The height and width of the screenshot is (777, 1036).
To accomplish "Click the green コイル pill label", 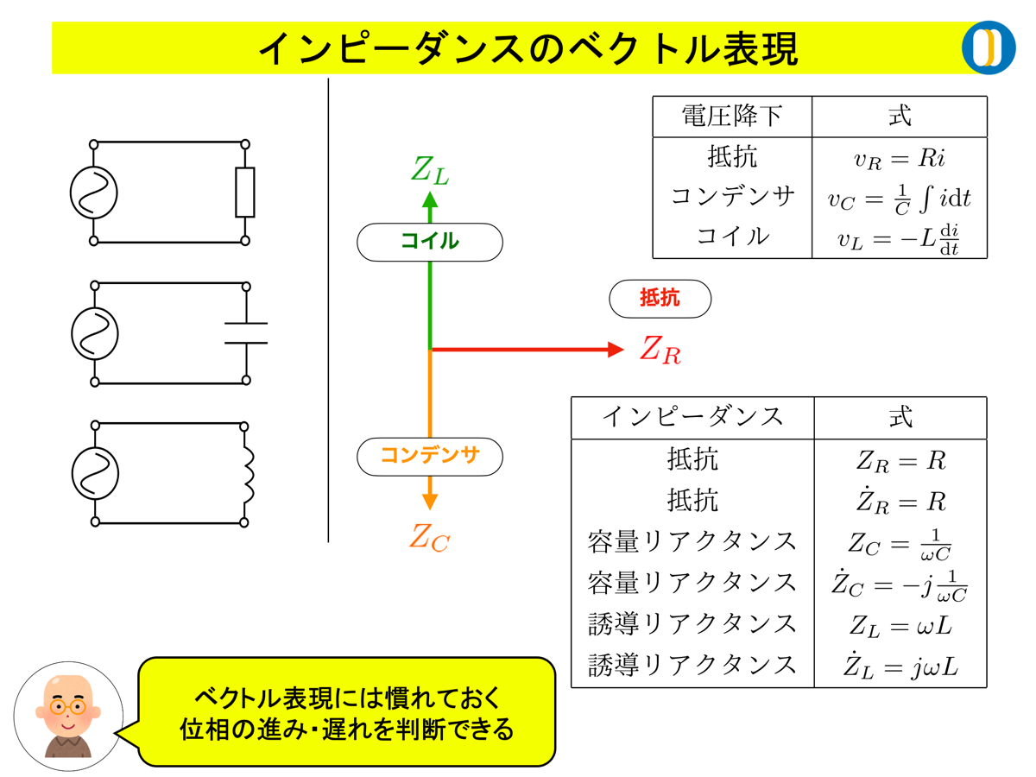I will pyautogui.click(x=429, y=242).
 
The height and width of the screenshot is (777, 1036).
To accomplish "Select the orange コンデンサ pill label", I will pyautogui.click(x=429, y=456).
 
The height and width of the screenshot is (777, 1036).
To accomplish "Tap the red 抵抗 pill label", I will pyautogui.click(x=660, y=299).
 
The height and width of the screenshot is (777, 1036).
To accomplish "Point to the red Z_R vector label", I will pyautogui.click(x=660, y=350).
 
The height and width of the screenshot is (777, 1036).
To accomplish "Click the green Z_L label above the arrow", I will pyautogui.click(x=430, y=170).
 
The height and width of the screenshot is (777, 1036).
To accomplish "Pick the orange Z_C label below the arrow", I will pyautogui.click(x=430, y=538).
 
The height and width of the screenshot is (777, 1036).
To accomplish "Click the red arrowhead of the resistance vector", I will pyautogui.click(x=616, y=350).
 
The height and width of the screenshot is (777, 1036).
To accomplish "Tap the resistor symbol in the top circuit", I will pyautogui.click(x=245, y=193).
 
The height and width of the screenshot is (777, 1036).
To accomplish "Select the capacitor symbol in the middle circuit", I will pyautogui.click(x=246, y=332).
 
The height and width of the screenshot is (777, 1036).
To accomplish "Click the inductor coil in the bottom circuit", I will pyautogui.click(x=249, y=473).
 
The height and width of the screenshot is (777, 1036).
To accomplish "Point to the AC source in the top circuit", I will pyautogui.click(x=94, y=192).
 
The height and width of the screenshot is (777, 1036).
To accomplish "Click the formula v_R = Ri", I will pyautogui.click(x=899, y=159).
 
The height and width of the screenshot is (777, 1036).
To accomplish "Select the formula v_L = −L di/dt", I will pyautogui.click(x=899, y=238).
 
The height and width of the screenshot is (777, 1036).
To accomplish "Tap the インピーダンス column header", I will pyautogui.click(x=692, y=418).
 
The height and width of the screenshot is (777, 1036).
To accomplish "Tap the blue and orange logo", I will pyautogui.click(x=989, y=47).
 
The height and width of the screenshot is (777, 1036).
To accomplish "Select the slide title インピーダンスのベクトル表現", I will pyautogui.click(x=528, y=48).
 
